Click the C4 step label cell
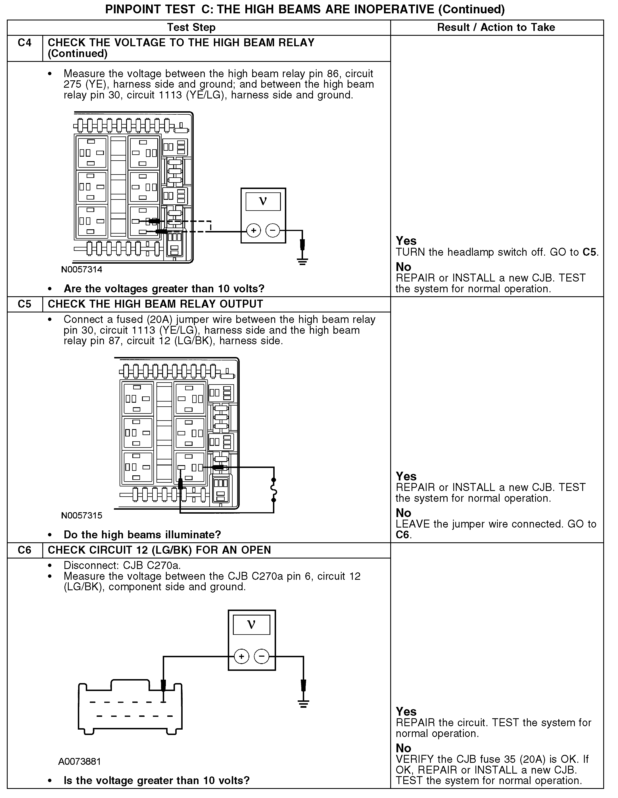click(24, 43)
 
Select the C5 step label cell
click(24, 304)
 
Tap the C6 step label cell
click(24, 550)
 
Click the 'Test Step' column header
click(191, 28)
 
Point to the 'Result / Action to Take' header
click(496, 28)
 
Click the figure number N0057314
click(82, 270)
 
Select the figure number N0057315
click(82, 516)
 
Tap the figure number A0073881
click(79, 761)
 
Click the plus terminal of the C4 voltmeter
click(253, 230)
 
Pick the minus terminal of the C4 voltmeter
click(272, 230)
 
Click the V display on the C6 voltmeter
click(252, 624)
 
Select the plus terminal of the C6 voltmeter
click(241, 657)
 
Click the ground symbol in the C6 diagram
click(303, 704)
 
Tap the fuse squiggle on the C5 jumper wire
click(273, 490)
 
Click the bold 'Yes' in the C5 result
click(406, 476)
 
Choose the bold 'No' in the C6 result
click(403, 748)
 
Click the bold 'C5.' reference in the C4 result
click(590, 252)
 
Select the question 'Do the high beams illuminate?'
click(142, 535)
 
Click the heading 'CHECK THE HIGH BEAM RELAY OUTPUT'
click(155, 304)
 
